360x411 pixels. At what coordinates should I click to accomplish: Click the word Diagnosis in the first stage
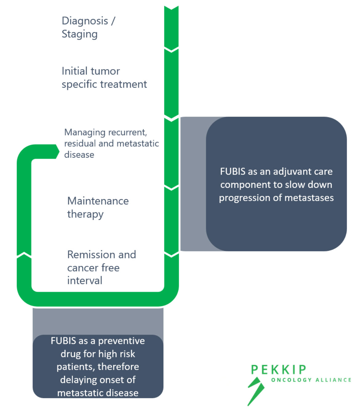[85, 21]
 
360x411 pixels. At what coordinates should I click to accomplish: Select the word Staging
[79, 34]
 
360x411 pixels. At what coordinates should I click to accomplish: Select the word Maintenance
[98, 201]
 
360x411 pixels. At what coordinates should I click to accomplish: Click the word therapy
[85, 214]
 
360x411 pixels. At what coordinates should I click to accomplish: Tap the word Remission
[91, 255]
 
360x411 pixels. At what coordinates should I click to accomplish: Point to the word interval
[85, 281]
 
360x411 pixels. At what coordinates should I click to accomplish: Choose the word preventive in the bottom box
[121, 341]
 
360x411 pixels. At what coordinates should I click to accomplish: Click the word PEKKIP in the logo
[279, 370]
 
